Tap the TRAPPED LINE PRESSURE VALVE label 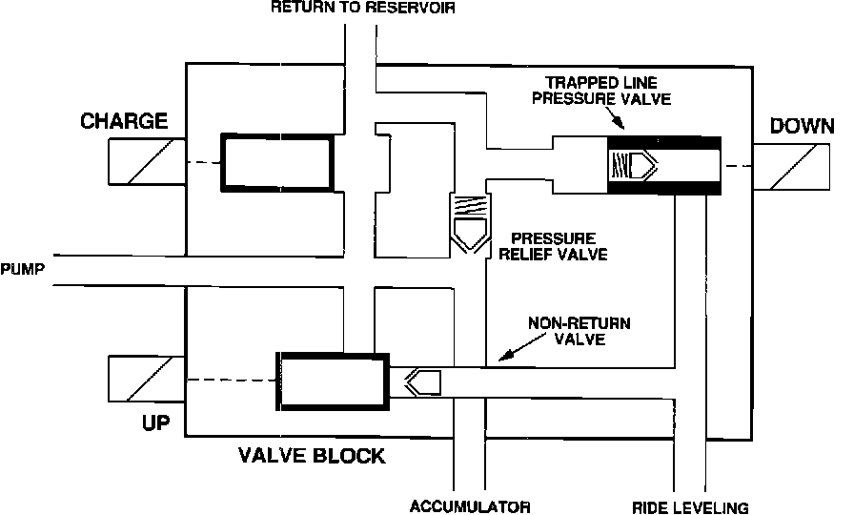(608, 89)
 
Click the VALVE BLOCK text (312, 456)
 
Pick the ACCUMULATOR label (470, 506)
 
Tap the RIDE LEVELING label (690, 506)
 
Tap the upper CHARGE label (124, 121)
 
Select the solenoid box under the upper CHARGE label (146, 162)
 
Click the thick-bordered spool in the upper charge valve (277, 162)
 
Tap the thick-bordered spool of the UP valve (333, 381)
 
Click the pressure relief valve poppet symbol (470, 222)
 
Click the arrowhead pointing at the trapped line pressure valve (620, 122)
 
